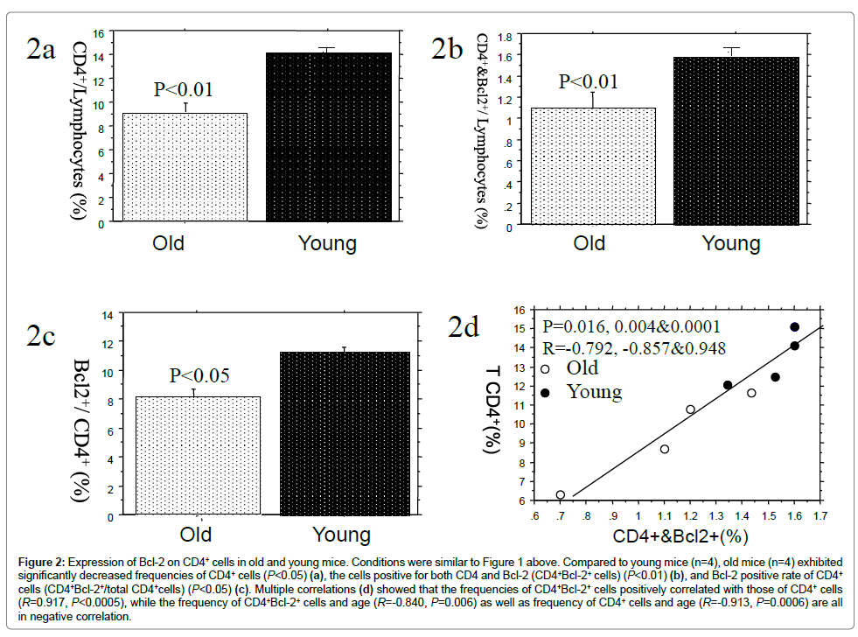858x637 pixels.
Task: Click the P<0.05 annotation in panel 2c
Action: tap(199, 375)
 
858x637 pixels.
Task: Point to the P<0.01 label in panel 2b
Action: tap(589, 82)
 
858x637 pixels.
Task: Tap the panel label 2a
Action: tap(40, 50)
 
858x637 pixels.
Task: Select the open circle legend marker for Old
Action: tap(547, 368)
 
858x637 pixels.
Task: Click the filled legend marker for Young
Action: tap(547, 393)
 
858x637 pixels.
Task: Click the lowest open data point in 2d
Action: tap(561, 494)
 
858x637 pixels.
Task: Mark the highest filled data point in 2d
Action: tap(794, 327)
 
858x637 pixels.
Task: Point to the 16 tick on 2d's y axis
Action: tap(519, 310)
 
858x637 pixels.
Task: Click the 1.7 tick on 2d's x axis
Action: tap(820, 515)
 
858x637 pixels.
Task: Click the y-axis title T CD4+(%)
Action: tap(493, 407)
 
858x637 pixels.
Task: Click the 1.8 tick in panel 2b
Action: tap(505, 37)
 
